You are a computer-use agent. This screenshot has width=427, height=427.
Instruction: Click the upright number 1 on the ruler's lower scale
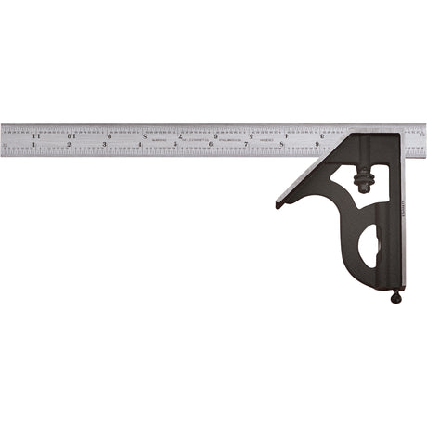tap(34, 145)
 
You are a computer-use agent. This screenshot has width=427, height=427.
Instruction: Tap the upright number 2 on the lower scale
tap(70, 145)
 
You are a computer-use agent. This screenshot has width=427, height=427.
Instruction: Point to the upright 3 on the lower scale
tap(105, 145)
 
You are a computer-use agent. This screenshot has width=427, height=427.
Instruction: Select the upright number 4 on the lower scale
tap(140, 145)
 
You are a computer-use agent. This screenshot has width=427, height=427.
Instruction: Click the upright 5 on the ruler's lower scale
tap(175, 145)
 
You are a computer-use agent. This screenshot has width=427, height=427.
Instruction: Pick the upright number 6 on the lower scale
tap(211, 145)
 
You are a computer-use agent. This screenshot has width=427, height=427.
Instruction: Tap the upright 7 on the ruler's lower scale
tap(246, 145)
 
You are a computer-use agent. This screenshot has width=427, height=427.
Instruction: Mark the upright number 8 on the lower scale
tap(281, 145)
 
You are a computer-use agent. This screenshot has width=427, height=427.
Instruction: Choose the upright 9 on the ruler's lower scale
tap(317, 145)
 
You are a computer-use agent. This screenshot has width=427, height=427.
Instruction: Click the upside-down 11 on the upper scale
tap(35, 136)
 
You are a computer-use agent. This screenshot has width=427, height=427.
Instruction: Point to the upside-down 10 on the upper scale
tap(71, 136)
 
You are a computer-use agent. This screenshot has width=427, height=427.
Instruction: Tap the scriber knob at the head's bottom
tap(396, 297)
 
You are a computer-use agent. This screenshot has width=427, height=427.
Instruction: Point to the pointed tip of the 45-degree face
tap(278, 205)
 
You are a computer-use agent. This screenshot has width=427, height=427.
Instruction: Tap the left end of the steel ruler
tap(4, 139)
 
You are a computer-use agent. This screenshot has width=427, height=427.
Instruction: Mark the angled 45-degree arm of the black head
tap(311, 176)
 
